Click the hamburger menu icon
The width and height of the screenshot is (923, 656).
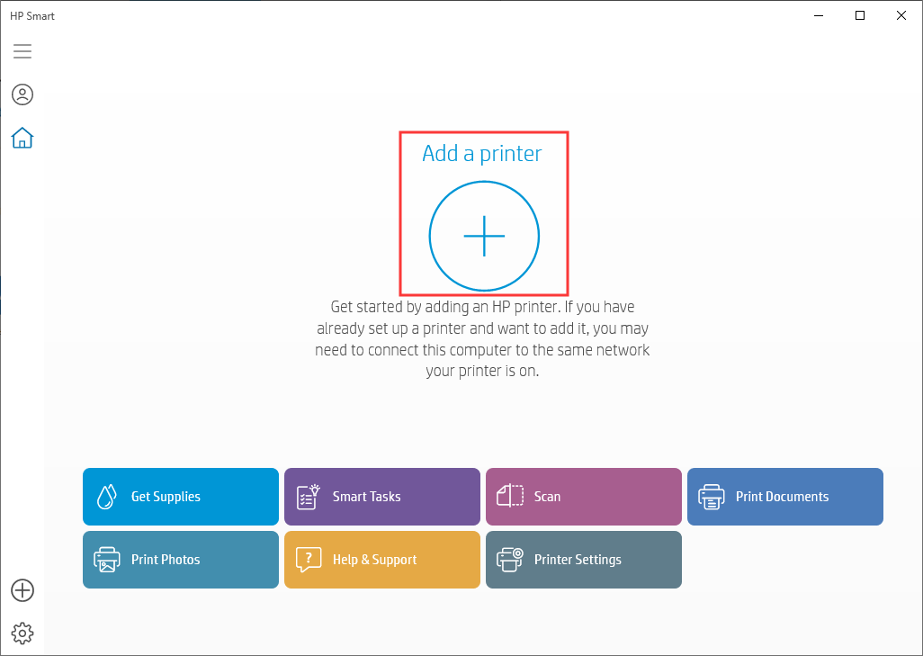click(x=22, y=51)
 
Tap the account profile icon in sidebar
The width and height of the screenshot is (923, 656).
click(x=22, y=94)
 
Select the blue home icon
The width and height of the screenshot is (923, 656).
click(x=22, y=138)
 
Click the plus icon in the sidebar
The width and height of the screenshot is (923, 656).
click(x=22, y=590)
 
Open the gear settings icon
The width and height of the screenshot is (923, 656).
click(x=22, y=633)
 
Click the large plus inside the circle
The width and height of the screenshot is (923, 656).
click(x=484, y=236)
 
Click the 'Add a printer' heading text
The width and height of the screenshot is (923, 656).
click(x=482, y=154)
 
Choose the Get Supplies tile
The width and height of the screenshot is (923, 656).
click(x=181, y=497)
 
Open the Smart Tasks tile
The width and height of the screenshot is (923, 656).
click(x=382, y=497)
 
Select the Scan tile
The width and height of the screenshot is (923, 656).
click(x=583, y=497)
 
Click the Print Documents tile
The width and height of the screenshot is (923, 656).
click(x=785, y=497)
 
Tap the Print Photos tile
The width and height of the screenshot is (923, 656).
click(x=181, y=560)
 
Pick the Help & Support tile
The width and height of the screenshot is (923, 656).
click(x=382, y=560)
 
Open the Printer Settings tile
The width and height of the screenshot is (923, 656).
click(x=583, y=560)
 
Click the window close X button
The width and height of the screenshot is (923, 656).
click(x=901, y=15)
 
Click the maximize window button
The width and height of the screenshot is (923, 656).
click(x=860, y=15)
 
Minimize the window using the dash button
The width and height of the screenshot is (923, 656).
click(x=819, y=16)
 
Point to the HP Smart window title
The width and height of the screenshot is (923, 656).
click(x=32, y=16)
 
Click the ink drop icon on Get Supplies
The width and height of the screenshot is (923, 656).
click(x=106, y=497)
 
